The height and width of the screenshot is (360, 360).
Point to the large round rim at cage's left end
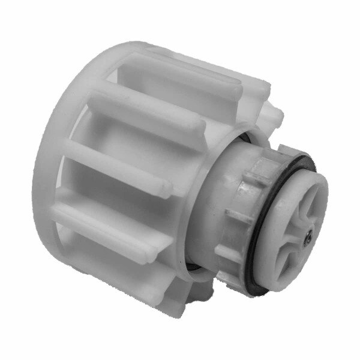point(54,180)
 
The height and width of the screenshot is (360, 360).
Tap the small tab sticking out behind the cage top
point(273,114)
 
